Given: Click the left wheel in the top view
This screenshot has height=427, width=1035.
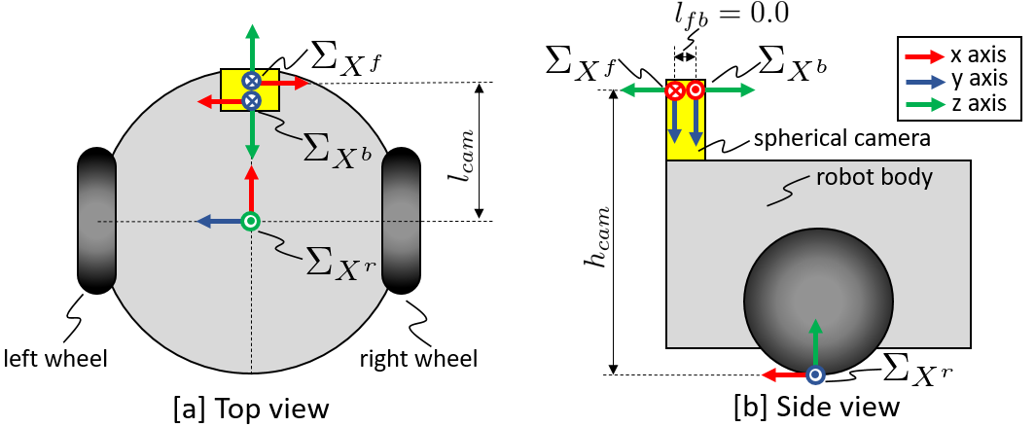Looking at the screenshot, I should [x=96, y=220].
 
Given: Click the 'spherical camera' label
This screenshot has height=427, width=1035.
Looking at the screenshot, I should [x=842, y=139].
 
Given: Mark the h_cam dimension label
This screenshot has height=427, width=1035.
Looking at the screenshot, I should [x=589, y=233].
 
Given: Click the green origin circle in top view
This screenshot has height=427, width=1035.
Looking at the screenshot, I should [x=251, y=222].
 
